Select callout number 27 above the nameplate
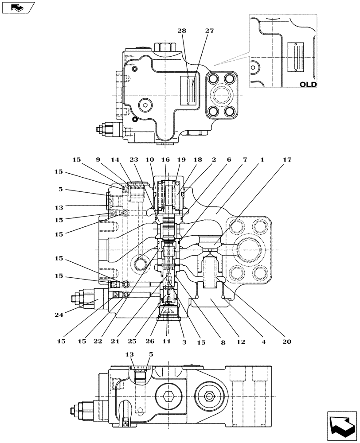(209, 31)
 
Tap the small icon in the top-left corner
(17, 8)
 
